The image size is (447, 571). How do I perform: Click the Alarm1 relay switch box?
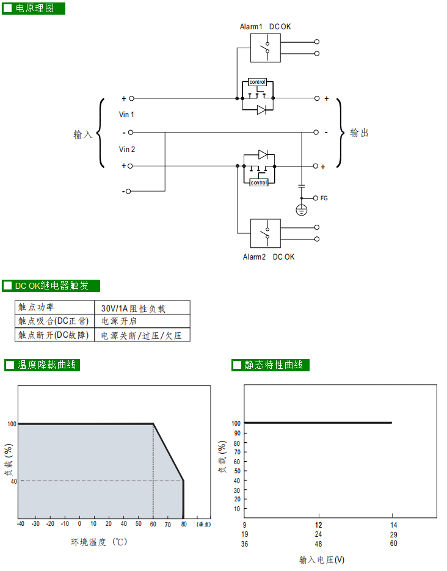tap(265, 48)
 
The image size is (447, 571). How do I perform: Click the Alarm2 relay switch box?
tap(265, 233)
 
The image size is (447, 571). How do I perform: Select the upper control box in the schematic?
tap(258, 82)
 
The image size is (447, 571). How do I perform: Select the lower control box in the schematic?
tap(258, 182)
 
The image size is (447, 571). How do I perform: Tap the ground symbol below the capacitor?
tap(301, 210)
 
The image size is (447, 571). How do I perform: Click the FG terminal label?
tap(324, 198)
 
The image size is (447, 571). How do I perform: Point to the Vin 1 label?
tap(127, 115)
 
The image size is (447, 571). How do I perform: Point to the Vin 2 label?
tap(127, 150)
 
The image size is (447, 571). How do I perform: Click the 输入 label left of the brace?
tap(82, 134)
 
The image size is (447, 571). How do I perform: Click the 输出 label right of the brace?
tap(359, 133)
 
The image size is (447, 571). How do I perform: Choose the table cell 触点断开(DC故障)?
tap(54, 335)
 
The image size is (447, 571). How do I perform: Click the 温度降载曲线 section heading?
tap(46, 365)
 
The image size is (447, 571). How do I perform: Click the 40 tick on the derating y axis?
tap(12, 481)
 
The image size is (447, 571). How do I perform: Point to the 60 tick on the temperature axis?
tap(153, 524)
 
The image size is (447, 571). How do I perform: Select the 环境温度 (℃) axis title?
tap(99, 542)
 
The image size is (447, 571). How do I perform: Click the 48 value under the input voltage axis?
tap(318, 544)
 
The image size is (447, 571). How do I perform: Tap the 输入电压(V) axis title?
tap(322, 559)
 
